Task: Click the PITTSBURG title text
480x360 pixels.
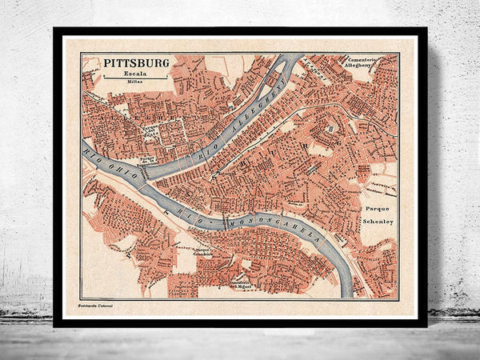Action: [135, 62]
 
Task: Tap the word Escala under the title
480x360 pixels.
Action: [135, 73]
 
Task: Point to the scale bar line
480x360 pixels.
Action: [135, 78]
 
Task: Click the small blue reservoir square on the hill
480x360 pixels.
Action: [330, 128]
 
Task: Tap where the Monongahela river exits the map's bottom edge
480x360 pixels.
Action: [346, 295]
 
